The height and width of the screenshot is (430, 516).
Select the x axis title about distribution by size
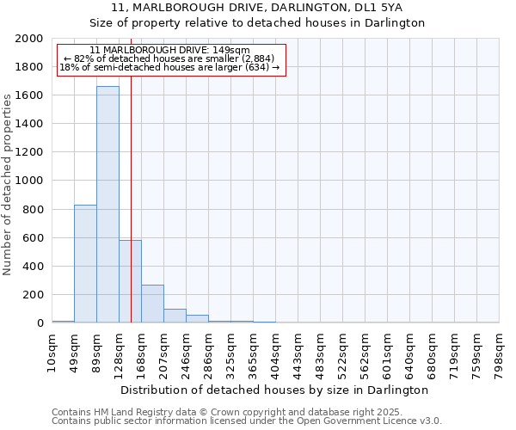(x=275, y=390)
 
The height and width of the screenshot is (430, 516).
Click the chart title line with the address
(x=257, y=8)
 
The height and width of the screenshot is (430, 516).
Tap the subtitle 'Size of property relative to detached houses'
(x=257, y=23)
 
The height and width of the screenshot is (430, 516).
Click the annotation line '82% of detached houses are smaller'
(x=169, y=58)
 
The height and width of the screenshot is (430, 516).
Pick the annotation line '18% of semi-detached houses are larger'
(x=169, y=67)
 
